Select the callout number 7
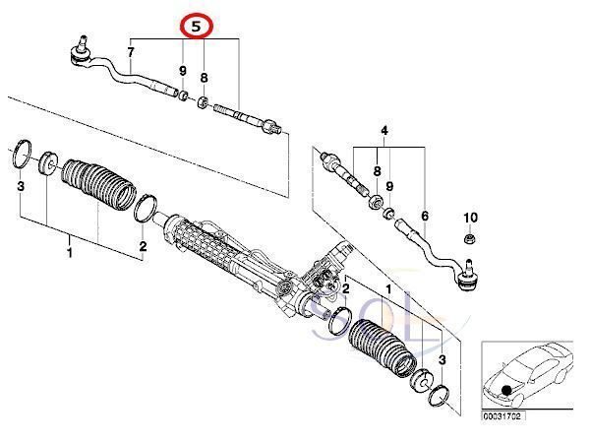point(131,50)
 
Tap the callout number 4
point(384,130)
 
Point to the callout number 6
point(425,216)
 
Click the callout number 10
point(469,217)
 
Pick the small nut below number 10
point(469,238)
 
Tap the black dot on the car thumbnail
point(506,392)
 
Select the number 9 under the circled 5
point(182,71)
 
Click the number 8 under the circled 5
point(204,77)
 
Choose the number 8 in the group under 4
point(378,171)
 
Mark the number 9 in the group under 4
point(389,186)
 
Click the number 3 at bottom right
point(442,360)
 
